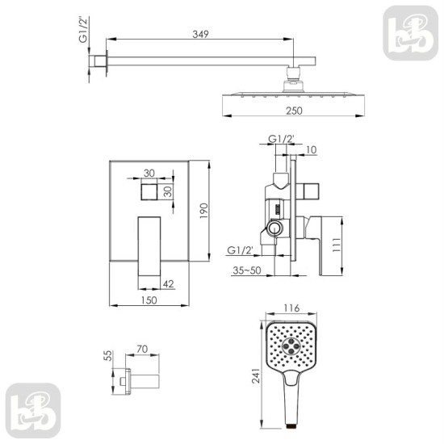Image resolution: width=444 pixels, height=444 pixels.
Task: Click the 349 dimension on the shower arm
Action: [200, 34]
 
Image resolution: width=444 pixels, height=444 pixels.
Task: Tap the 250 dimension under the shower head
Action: [294, 111]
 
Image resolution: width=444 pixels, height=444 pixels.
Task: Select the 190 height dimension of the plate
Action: [203, 211]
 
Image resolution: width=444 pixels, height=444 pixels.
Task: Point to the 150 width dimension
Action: [149, 300]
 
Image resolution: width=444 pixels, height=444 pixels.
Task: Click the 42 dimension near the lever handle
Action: [168, 283]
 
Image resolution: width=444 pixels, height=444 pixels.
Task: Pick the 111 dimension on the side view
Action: [337, 245]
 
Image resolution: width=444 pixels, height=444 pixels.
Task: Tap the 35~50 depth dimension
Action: [247, 270]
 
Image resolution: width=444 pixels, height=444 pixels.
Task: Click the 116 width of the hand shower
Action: [291, 308]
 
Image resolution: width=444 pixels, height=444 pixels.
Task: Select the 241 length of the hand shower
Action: [256, 375]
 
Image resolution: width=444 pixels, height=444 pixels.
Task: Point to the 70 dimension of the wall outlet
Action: [142, 349]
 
